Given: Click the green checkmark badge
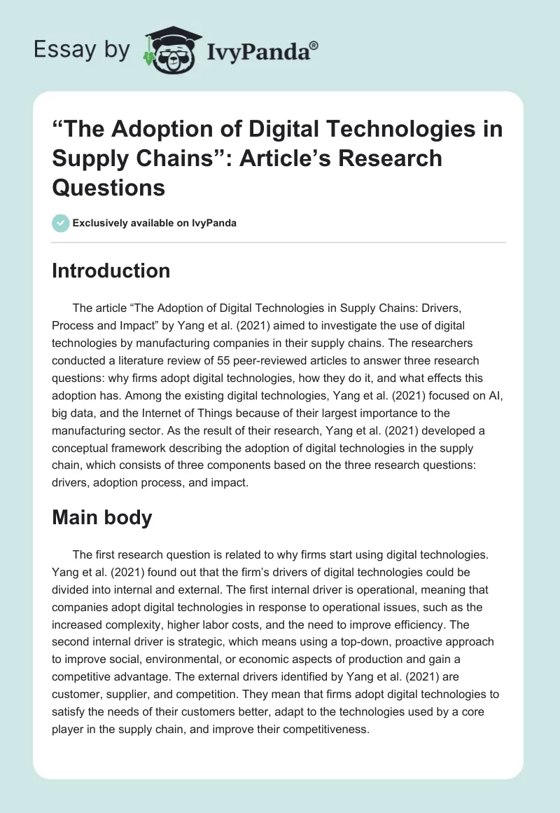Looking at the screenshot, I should (60, 223).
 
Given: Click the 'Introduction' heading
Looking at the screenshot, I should (111, 271).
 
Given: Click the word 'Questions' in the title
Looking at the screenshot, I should (108, 188).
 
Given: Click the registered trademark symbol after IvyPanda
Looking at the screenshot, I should (314, 44).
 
